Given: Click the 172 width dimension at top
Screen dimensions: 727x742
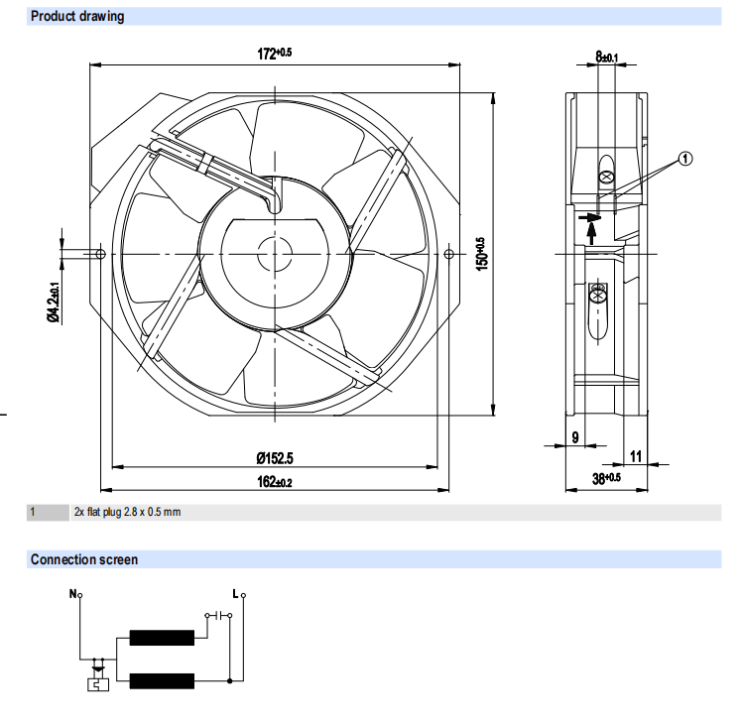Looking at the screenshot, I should [275, 55].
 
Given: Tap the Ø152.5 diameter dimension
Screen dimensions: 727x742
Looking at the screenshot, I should [275, 457].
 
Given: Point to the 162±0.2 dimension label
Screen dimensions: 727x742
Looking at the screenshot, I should [275, 483].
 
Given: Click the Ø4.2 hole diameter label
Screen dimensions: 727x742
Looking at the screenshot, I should [55, 302].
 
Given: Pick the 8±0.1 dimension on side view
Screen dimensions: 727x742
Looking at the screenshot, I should [606, 58].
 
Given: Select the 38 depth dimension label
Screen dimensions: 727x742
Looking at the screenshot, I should [606, 479].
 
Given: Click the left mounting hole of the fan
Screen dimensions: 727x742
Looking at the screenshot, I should [100, 254].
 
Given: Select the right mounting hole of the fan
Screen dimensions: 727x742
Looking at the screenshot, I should [449, 255].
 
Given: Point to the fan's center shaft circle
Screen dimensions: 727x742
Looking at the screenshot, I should [275, 254].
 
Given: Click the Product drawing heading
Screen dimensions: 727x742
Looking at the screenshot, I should [77, 17].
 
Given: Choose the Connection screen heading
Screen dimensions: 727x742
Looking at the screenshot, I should [84, 560].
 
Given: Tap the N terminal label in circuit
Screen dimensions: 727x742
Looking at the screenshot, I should [72, 595].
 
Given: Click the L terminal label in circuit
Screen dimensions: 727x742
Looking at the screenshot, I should [235, 595].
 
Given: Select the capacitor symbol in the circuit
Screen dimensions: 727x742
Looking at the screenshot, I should [210, 615].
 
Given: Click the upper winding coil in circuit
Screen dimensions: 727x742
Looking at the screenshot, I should [162, 638].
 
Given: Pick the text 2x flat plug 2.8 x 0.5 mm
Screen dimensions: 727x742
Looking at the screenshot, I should [127, 513].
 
